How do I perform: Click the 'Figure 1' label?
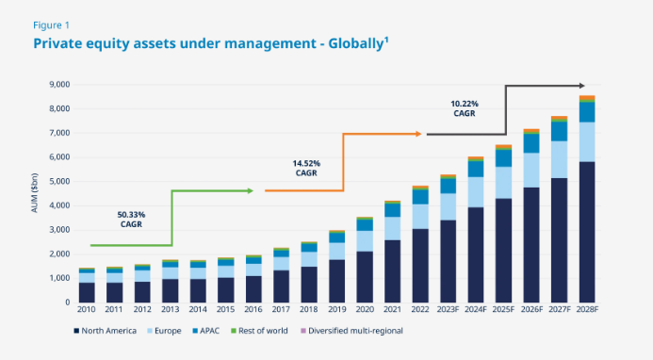coord(52,25)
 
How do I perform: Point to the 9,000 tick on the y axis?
coord(57,85)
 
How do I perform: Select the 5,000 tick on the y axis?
coord(57,182)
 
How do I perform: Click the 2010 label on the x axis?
coord(87,311)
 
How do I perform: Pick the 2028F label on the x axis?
coord(586,311)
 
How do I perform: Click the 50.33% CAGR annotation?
coord(131,219)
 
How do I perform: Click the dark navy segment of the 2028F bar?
coord(586,232)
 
